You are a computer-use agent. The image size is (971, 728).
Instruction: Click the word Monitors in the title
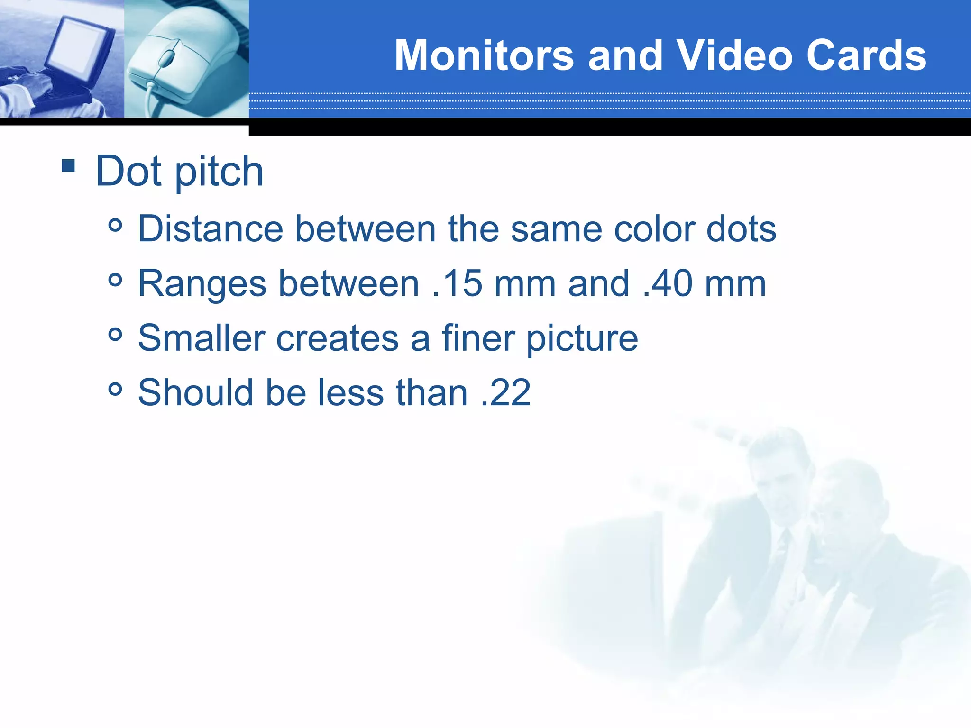[484, 55]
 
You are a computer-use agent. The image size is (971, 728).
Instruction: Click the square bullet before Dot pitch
[68, 165]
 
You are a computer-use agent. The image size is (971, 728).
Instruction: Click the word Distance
[211, 229]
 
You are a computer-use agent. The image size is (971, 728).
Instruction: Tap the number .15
[458, 283]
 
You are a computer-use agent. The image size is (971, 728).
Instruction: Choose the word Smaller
[201, 338]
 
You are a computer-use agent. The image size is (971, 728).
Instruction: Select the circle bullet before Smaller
[115, 335]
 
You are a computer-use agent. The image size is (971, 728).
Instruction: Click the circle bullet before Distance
[115, 225]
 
